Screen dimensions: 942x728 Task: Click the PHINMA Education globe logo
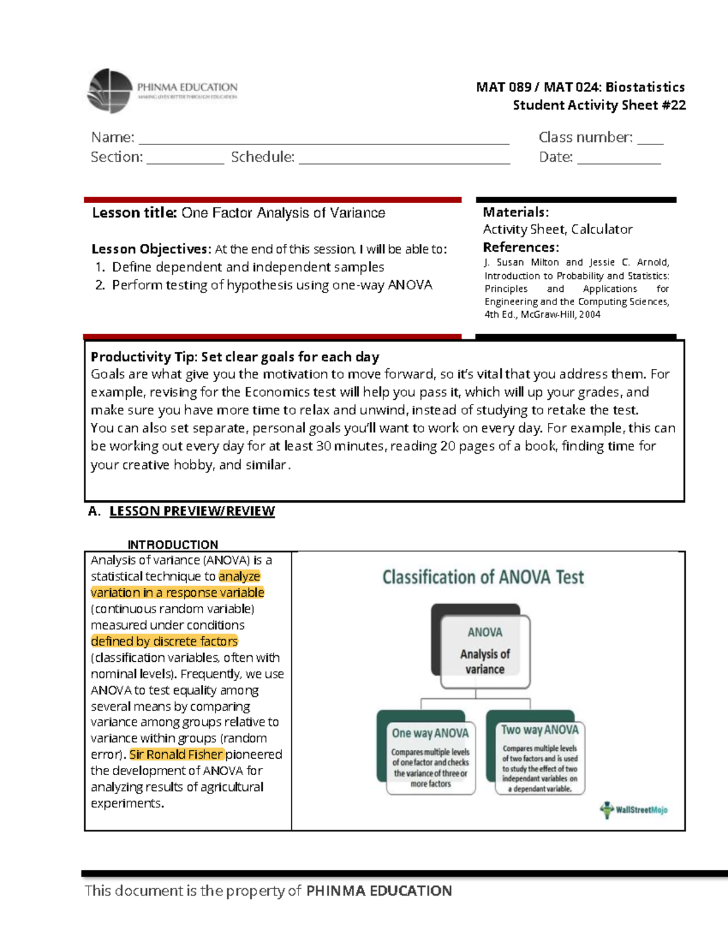pyautogui.click(x=110, y=91)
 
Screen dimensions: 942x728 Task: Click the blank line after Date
pyautogui.click(x=619, y=160)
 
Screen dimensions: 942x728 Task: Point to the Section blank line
pyautogui.click(x=185, y=160)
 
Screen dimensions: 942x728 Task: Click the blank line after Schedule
pyautogui.click(x=404, y=160)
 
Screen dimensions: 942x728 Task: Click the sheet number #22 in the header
pyautogui.click(x=674, y=106)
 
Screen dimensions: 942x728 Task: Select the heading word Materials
pyautogui.click(x=515, y=212)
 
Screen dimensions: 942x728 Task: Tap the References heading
pyautogui.click(x=521, y=247)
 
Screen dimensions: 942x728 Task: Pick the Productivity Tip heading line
pyautogui.click(x=235, y=357)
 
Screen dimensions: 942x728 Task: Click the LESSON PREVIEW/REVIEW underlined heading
pyautogui.click(x=192, y=511)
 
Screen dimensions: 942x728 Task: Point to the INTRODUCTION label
pyautogui.click(x=172, y=545)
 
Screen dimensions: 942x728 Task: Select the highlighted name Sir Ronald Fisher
pyautogui.click(x=176, y=755)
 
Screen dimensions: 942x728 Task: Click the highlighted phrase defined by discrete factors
pyautogui.click(x=164, y=641)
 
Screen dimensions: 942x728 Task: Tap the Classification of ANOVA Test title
pyautogui.click(x=483, y=577)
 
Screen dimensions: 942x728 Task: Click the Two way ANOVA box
pyautogui.click(x=539, y=756)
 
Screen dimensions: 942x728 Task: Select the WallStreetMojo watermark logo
pyautogui.click(x=634, y=810)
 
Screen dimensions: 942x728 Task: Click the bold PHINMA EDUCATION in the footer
pyautogui.click(x=379, y=891)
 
